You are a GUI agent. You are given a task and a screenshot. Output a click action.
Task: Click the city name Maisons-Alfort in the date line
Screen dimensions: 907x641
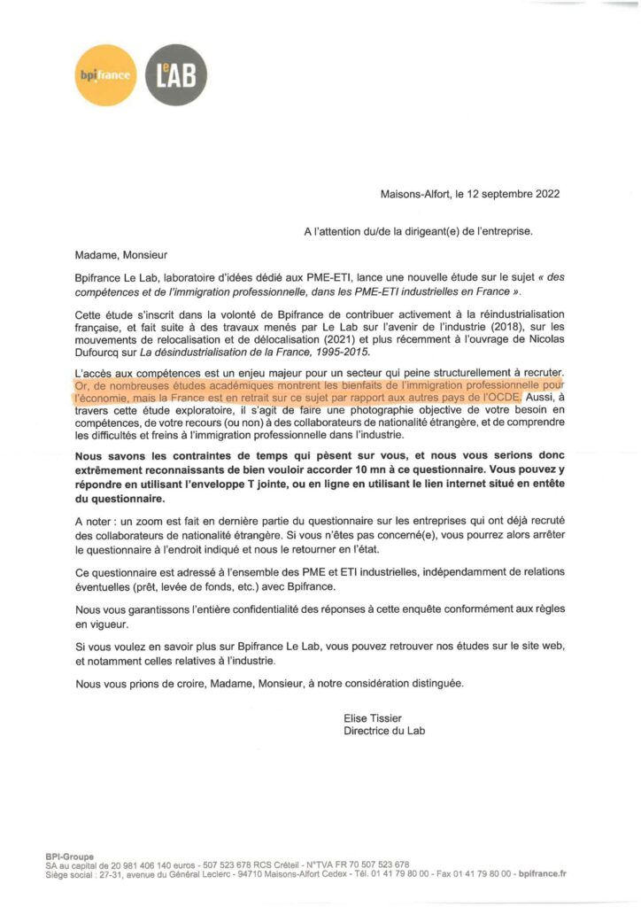click(414, 194)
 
